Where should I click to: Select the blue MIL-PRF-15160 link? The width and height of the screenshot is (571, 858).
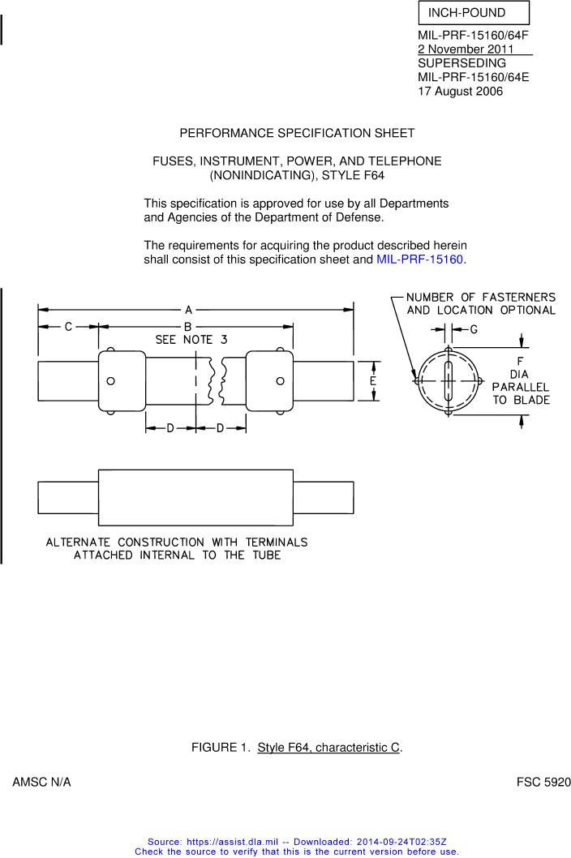(x=420, y=260)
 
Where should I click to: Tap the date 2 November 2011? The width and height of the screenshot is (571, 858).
(x=466, y=49)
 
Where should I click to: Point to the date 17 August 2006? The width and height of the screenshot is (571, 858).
(x=461, y=91)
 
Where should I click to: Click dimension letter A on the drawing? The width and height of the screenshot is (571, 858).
(x=188, y=310)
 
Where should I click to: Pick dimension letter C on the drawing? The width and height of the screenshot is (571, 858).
(x=68, y=327)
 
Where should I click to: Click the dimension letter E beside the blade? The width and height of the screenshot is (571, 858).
(x=373, y=381)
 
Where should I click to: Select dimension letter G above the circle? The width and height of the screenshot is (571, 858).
(x=474, y=329)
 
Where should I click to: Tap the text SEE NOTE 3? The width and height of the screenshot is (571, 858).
(x=191, y=340)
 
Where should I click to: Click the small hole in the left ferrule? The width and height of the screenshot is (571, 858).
(x=110, y=381)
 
